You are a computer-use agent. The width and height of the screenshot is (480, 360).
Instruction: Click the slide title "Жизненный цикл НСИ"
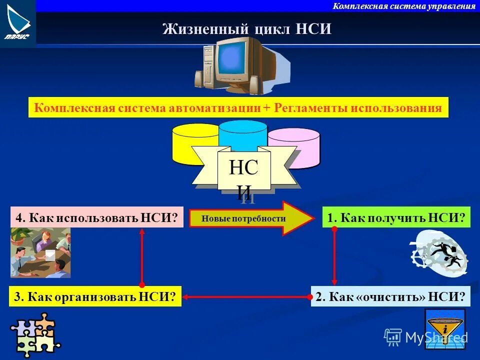coord(247,29)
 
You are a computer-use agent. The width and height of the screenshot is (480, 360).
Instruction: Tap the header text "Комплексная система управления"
coord(404,6)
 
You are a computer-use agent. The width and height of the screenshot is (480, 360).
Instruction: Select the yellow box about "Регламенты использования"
coord(238,107)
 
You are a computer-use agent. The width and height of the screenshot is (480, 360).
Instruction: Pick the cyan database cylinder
coord(243,132)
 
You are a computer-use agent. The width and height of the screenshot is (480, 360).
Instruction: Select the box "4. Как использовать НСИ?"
coord(97,217)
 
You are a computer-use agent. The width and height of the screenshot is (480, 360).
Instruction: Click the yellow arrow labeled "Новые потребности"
coord(250,218)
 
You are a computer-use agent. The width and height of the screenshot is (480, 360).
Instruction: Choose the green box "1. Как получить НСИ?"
coord(396,217)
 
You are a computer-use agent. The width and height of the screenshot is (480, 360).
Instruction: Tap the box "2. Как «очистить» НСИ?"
coord(390,296)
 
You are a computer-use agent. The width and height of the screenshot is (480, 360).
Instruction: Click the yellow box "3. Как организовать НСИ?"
coord(95,296)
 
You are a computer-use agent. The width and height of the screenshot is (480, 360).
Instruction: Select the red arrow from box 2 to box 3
coord(245,296)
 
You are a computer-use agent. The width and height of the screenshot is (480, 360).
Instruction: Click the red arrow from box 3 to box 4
coord(142,257)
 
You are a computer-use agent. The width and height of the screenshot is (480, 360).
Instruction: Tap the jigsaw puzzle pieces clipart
coord(34,334)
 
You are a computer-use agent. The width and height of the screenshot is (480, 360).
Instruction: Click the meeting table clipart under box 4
coord(40,252)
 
